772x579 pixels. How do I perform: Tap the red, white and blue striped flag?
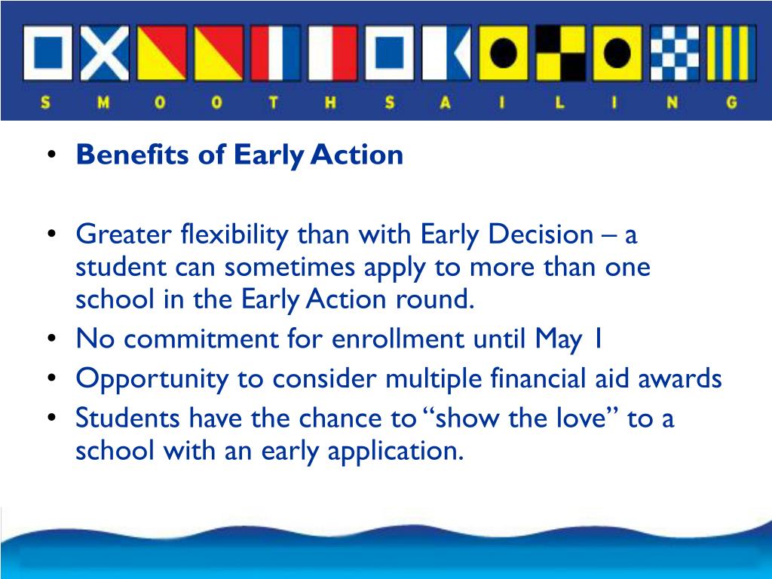tap(274, 53)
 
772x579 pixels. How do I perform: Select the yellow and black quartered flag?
tap(560, 53)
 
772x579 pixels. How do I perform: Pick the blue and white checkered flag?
tap(674, 53)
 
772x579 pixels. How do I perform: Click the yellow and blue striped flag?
tap(731, 53)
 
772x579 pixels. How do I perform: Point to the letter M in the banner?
tap(103, 104)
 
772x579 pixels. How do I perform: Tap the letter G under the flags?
tap(731, 104)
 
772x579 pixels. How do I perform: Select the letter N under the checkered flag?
tap(674, 104)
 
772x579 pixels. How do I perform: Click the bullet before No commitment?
tap(51, 341)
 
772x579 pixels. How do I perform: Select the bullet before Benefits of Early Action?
tap(51, 156)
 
